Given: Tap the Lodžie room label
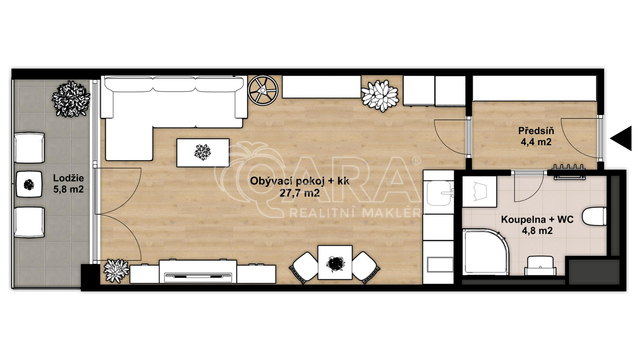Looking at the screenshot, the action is (69, 178).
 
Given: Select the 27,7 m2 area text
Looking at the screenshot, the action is (300, 193).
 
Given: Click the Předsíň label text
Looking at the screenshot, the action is (536, 131).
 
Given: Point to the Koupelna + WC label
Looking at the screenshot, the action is (537, 220).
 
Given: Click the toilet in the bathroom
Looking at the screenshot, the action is (594, 216).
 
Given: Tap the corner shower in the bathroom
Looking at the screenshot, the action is (486, 251).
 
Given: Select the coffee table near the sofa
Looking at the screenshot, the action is (203, 153).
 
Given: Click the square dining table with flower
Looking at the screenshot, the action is (335, 262).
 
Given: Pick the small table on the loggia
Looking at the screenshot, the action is (29, 184).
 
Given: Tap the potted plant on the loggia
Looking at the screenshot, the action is (71, 99).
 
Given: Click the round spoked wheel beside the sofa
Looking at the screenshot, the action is (263, 89).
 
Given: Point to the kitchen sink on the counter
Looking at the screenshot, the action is (439, 193).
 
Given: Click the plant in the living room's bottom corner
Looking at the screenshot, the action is (116, 271).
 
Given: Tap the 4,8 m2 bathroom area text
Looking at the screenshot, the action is (537, 231).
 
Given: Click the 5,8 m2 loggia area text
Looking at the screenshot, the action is (69, 189).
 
